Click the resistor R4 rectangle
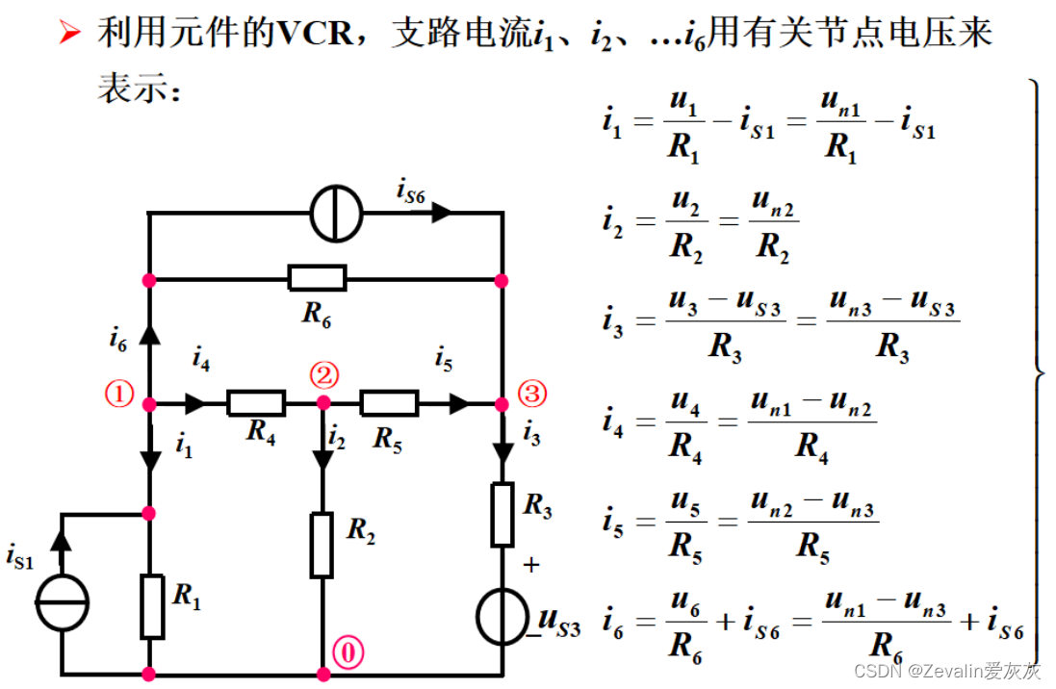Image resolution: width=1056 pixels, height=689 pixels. click(x=256, y=402)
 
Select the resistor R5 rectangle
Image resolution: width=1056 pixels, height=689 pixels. click(x=389, y=402)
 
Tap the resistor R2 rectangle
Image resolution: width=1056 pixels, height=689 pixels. click(x=322, y=545)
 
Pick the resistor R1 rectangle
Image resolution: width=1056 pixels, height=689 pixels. click(x=152, y=606)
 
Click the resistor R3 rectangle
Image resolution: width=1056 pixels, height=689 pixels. click(x=502, y=516)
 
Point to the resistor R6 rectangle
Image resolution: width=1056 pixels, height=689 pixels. click(x=317, y=279)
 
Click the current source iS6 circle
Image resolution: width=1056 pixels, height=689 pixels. click(x=336, y=213)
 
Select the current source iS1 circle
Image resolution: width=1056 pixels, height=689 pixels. click(x=63, y=602)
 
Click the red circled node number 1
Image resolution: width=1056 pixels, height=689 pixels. click(x=119, y=395)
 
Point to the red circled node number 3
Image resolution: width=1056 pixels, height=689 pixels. click(x=531, y=393)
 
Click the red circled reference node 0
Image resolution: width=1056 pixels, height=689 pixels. click(x=348, y=653)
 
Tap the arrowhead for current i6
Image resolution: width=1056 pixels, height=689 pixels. click(x=149, y=334)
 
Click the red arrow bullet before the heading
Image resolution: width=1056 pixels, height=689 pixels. click(x=70, y=35)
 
